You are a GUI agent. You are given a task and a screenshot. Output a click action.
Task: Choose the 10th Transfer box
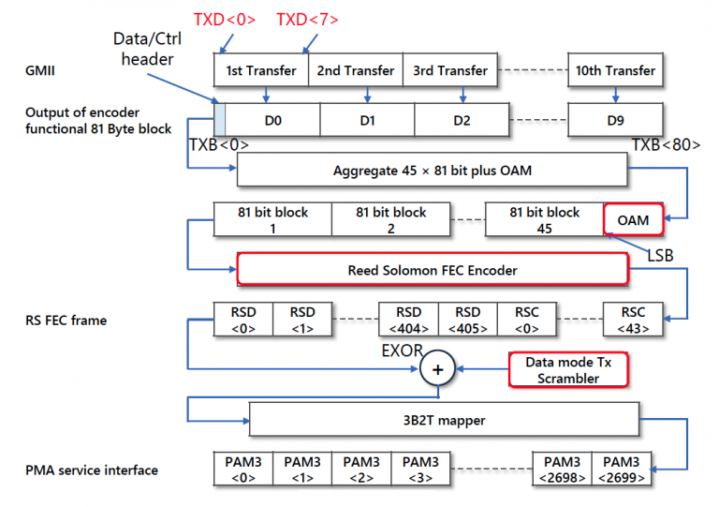pos(614,70)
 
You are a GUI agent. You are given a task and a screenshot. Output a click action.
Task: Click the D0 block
pos(272,121)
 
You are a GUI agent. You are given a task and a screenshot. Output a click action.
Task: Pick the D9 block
pos(614,121)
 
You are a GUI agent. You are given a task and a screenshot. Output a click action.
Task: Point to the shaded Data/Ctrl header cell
pos(220,121)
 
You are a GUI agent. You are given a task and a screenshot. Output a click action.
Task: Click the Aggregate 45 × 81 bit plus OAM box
pos(432,171)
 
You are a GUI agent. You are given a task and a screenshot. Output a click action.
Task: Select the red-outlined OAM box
pos(634,219)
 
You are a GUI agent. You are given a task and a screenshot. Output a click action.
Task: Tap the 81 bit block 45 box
pos(544,219)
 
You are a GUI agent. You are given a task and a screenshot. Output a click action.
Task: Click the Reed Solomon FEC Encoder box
pos(432,270)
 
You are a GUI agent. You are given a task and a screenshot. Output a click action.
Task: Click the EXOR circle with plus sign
pos(436,369)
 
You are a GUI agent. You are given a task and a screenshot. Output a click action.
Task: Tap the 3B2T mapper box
pos(445,420)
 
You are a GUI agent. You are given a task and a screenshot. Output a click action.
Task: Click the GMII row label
pos(41,70)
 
